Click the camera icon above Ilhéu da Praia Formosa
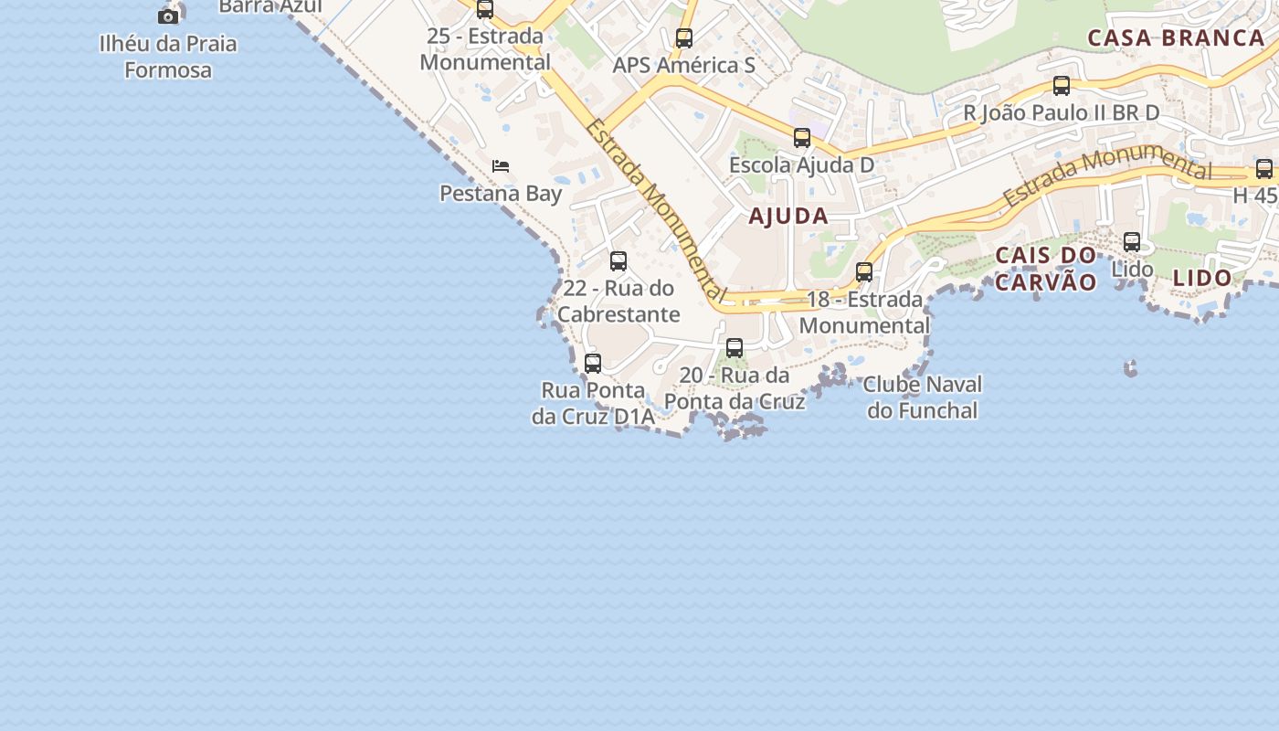click(x=168, y=16)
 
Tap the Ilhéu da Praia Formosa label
click(x=168, y=57)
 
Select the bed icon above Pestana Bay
click(x=501, y=166)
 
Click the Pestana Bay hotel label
click(x=501, y=194)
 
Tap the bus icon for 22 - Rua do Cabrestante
click(x=618, y=261)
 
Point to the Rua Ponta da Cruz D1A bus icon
click(x=593, y=363)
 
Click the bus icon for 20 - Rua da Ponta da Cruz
click(x=735, y=347)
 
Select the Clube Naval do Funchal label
click(x=923, y=397)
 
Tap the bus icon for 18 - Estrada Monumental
click(x=864, y=271)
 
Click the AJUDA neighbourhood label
click(x=788, y=217)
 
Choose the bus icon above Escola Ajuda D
click(x=802, y=138)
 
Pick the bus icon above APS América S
click(x=684, y=38)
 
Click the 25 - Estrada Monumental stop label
click(x=485, y=49)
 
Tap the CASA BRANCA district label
click(x=1176, y=38)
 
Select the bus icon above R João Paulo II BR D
click(x=1062, y=86)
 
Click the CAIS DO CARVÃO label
click(x=1045, y=269)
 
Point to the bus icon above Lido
click(x=1132, y=242)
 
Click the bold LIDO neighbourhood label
click(x=1202, y=278)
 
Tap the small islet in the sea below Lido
click(x=1131, y=368)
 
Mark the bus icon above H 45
click(x=1264, y=169)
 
